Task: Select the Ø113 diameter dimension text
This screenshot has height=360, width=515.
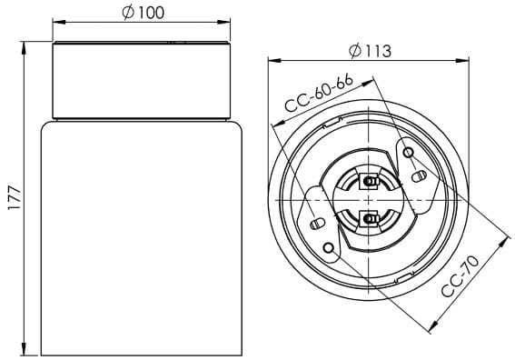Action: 370,51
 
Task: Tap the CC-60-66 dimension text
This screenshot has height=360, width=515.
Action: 318,93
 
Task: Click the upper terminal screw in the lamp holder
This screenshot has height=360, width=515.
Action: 370,180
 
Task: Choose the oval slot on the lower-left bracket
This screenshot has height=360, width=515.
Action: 318,223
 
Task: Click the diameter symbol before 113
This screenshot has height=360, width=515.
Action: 355,51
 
